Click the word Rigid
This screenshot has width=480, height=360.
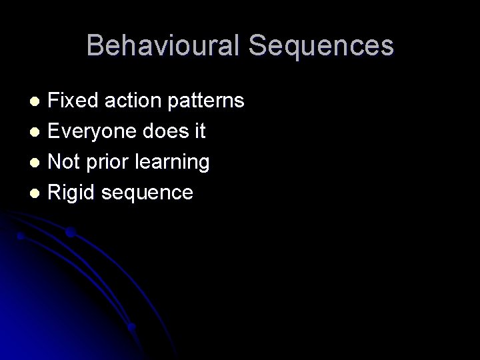(x=73, y=193)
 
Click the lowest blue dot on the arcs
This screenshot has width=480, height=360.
(x=132, y=327)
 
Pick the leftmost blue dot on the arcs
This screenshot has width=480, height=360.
(x=21, y=235)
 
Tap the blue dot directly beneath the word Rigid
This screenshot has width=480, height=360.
(x=70, y=232)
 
